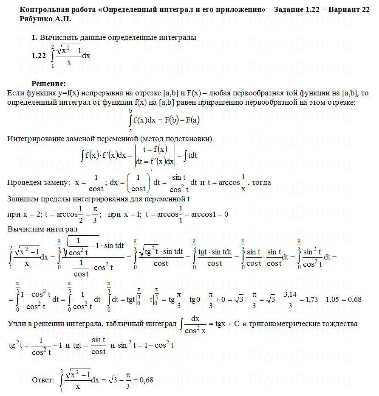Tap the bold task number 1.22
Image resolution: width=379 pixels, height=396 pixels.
click(x=39, y=56)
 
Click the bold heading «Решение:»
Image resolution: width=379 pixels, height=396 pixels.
click(x=48, y=83)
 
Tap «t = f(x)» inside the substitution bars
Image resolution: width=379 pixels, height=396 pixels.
click(x=155, y=148)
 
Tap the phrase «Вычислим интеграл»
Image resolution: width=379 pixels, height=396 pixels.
click(x=42, y=229)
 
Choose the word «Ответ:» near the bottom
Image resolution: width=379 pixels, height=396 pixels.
click(x=43, y=380)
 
